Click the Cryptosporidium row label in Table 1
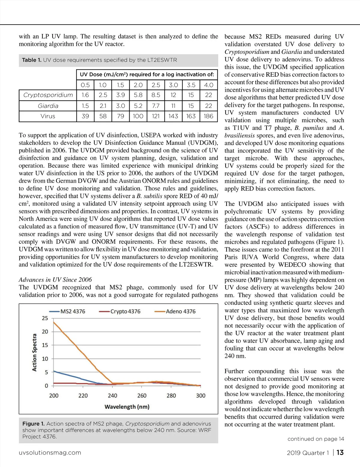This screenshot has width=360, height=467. [48, 95]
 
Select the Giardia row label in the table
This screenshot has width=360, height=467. [48, 106]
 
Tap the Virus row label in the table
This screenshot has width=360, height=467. [48, 116]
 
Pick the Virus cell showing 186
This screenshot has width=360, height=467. [208, 116]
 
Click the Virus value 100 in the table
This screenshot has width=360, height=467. [138, 116]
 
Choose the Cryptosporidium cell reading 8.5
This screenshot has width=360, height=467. [156, 95]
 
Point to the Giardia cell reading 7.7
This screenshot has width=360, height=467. [156, 106]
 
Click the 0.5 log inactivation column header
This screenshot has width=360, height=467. [85, 85]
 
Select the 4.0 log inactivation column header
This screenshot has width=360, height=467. [208, 85]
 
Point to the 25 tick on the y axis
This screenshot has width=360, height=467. [45, 318]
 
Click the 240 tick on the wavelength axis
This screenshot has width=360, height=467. [112, 396]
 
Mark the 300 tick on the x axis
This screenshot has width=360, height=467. [201, 396]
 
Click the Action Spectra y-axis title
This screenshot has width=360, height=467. [34, 352]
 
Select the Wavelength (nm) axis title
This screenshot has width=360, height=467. [127, 407]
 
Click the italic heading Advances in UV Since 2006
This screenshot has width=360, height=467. [55, 280]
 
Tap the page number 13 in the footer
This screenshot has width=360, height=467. [340, 453]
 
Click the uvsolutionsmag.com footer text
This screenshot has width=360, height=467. [50, 453]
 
